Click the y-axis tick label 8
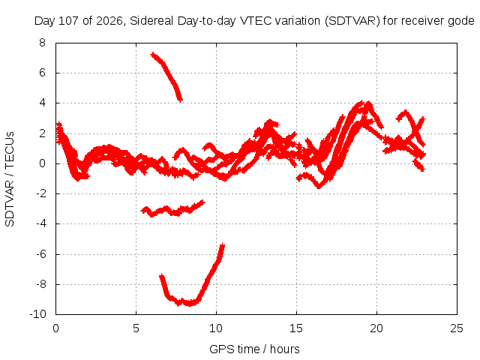click(42, 43)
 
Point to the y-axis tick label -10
click(38, 314)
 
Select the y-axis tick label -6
click(40, 254)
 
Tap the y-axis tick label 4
click(42, 103)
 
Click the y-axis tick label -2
click(40, 193)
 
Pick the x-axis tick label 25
click(457, 328)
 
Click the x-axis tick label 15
click(296, 328)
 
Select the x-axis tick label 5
click(136, 328)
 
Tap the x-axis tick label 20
click(376, 328)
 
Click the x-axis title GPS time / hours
click(254, 349)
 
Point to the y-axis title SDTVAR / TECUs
click(10, 179)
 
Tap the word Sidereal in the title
click(151, 21)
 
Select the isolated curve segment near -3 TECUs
click(172, 211)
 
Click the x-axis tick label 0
click(55, 328)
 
